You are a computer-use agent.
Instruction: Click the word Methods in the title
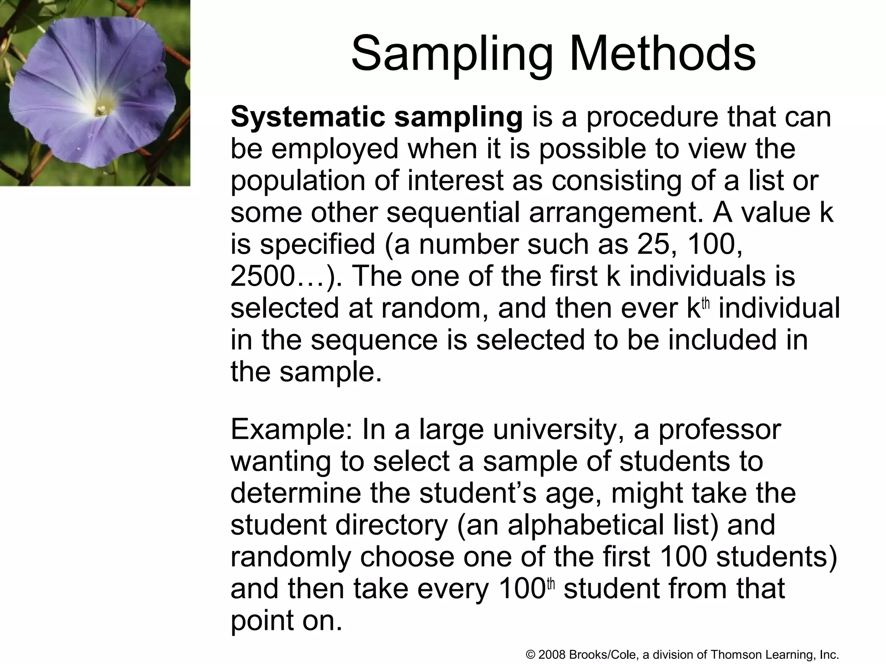pos(662,54)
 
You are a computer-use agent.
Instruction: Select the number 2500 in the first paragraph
pos(262,277)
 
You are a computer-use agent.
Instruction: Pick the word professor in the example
pos(719,430)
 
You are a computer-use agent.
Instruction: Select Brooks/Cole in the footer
pos(603,654)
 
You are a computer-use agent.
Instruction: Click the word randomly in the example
pos(291,557)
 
